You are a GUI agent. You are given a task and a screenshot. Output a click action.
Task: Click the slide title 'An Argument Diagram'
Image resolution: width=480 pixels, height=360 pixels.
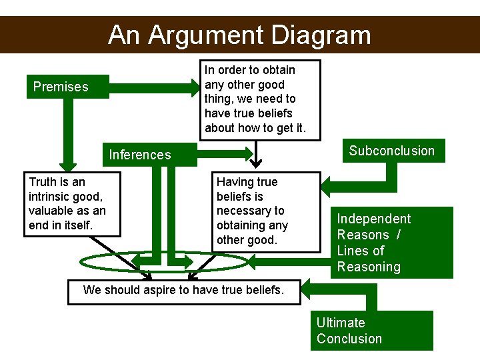pyautogui.click(x=239, y=35)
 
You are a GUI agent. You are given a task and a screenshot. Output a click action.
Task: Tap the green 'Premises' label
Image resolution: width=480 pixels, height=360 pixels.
pyautogui.click(x=61, y=87)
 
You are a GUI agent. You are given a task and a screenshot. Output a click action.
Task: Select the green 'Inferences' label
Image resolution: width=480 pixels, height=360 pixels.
pyautogui.click(x=140, y=155)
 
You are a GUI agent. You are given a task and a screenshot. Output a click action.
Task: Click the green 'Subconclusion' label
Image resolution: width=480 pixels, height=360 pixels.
pyautogui.click(x=391, y=151)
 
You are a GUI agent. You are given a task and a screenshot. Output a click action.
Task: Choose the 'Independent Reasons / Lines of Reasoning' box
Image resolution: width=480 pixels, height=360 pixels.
pyautogui.click(x=391, y=243)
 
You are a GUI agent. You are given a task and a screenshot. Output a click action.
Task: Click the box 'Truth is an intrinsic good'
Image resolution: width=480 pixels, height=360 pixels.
pyautogui.click(x=73, y=203)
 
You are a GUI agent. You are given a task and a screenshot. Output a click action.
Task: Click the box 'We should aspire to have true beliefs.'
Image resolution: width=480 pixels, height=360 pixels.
pyautogui.click(x=184, y=290)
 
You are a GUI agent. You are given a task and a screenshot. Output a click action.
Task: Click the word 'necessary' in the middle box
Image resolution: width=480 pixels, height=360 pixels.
pyautogui.click(x=250, y=211)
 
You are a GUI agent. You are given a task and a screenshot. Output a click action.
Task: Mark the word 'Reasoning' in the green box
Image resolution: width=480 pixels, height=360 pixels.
pyautogui.click(x=369, y=267)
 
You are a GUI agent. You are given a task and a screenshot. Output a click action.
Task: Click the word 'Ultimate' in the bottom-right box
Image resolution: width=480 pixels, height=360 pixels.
pyautogui.click(x=341, y=323)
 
